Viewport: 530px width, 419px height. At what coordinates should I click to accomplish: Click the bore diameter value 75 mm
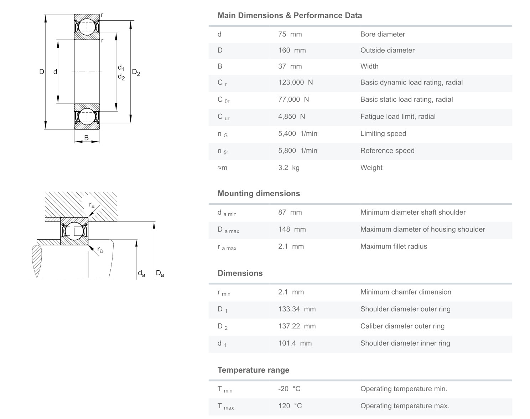[290, 34]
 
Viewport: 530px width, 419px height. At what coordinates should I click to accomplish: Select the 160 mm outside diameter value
[292, 50]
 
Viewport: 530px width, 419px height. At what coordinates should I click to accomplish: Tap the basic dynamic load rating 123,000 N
[295, 82]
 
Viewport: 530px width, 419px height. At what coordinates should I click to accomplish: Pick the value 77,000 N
[293, 99]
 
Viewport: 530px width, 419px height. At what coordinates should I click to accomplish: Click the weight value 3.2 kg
[289, 168]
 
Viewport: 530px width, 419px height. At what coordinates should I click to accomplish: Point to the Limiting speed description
[383, 134]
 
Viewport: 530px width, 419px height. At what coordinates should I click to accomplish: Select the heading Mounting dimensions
[259, 194]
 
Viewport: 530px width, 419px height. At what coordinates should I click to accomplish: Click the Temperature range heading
[253, 370]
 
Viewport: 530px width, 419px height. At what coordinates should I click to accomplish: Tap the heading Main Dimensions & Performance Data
[290, 16]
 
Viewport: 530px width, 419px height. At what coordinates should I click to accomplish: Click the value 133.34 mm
[297, 309]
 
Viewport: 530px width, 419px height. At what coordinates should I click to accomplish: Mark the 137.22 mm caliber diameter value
[297, 326]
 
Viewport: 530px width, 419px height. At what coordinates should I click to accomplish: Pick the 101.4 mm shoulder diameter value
[295, 343]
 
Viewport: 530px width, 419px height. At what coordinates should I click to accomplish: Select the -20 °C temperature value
[289, 389]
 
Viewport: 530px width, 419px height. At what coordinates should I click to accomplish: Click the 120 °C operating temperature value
[290, 406]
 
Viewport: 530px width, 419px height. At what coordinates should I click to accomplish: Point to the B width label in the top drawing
[87, 138]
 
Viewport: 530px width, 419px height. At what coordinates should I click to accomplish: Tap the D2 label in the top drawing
[136, 72]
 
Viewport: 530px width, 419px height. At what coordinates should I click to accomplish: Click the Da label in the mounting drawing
[160, 274]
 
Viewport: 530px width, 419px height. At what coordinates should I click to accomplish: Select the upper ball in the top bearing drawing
[87, 26]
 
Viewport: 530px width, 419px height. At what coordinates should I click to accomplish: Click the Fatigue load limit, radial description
[397, 117]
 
